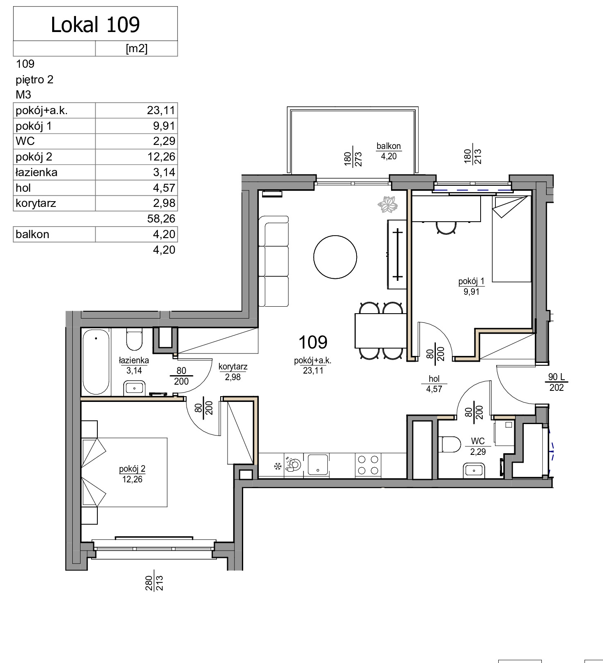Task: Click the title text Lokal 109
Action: point(95,25)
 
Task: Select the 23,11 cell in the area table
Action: point(161,110)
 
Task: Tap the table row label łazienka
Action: point(37,172)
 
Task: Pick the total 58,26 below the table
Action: point(161,219)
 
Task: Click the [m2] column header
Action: point(136,48)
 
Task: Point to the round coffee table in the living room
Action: point(335,257)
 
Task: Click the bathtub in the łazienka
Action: point(96,362)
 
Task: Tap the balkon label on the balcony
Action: point(389,146)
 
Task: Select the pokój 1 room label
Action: point(472,282)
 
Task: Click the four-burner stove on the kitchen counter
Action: point(368,465)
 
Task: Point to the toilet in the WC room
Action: point(450,445)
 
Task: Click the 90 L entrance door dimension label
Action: point(557,377)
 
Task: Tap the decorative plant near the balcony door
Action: point(388,204)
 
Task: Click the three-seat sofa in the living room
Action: point(274,262)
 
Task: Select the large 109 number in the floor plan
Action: point(313,342)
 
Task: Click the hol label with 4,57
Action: point(434,384)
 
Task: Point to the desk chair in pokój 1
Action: point(446,228)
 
